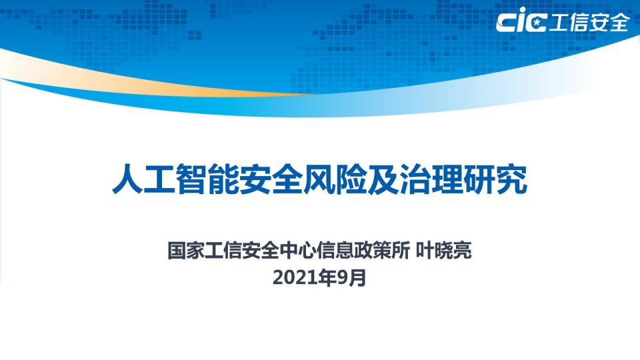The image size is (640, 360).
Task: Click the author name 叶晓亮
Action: tap(443, 253)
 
